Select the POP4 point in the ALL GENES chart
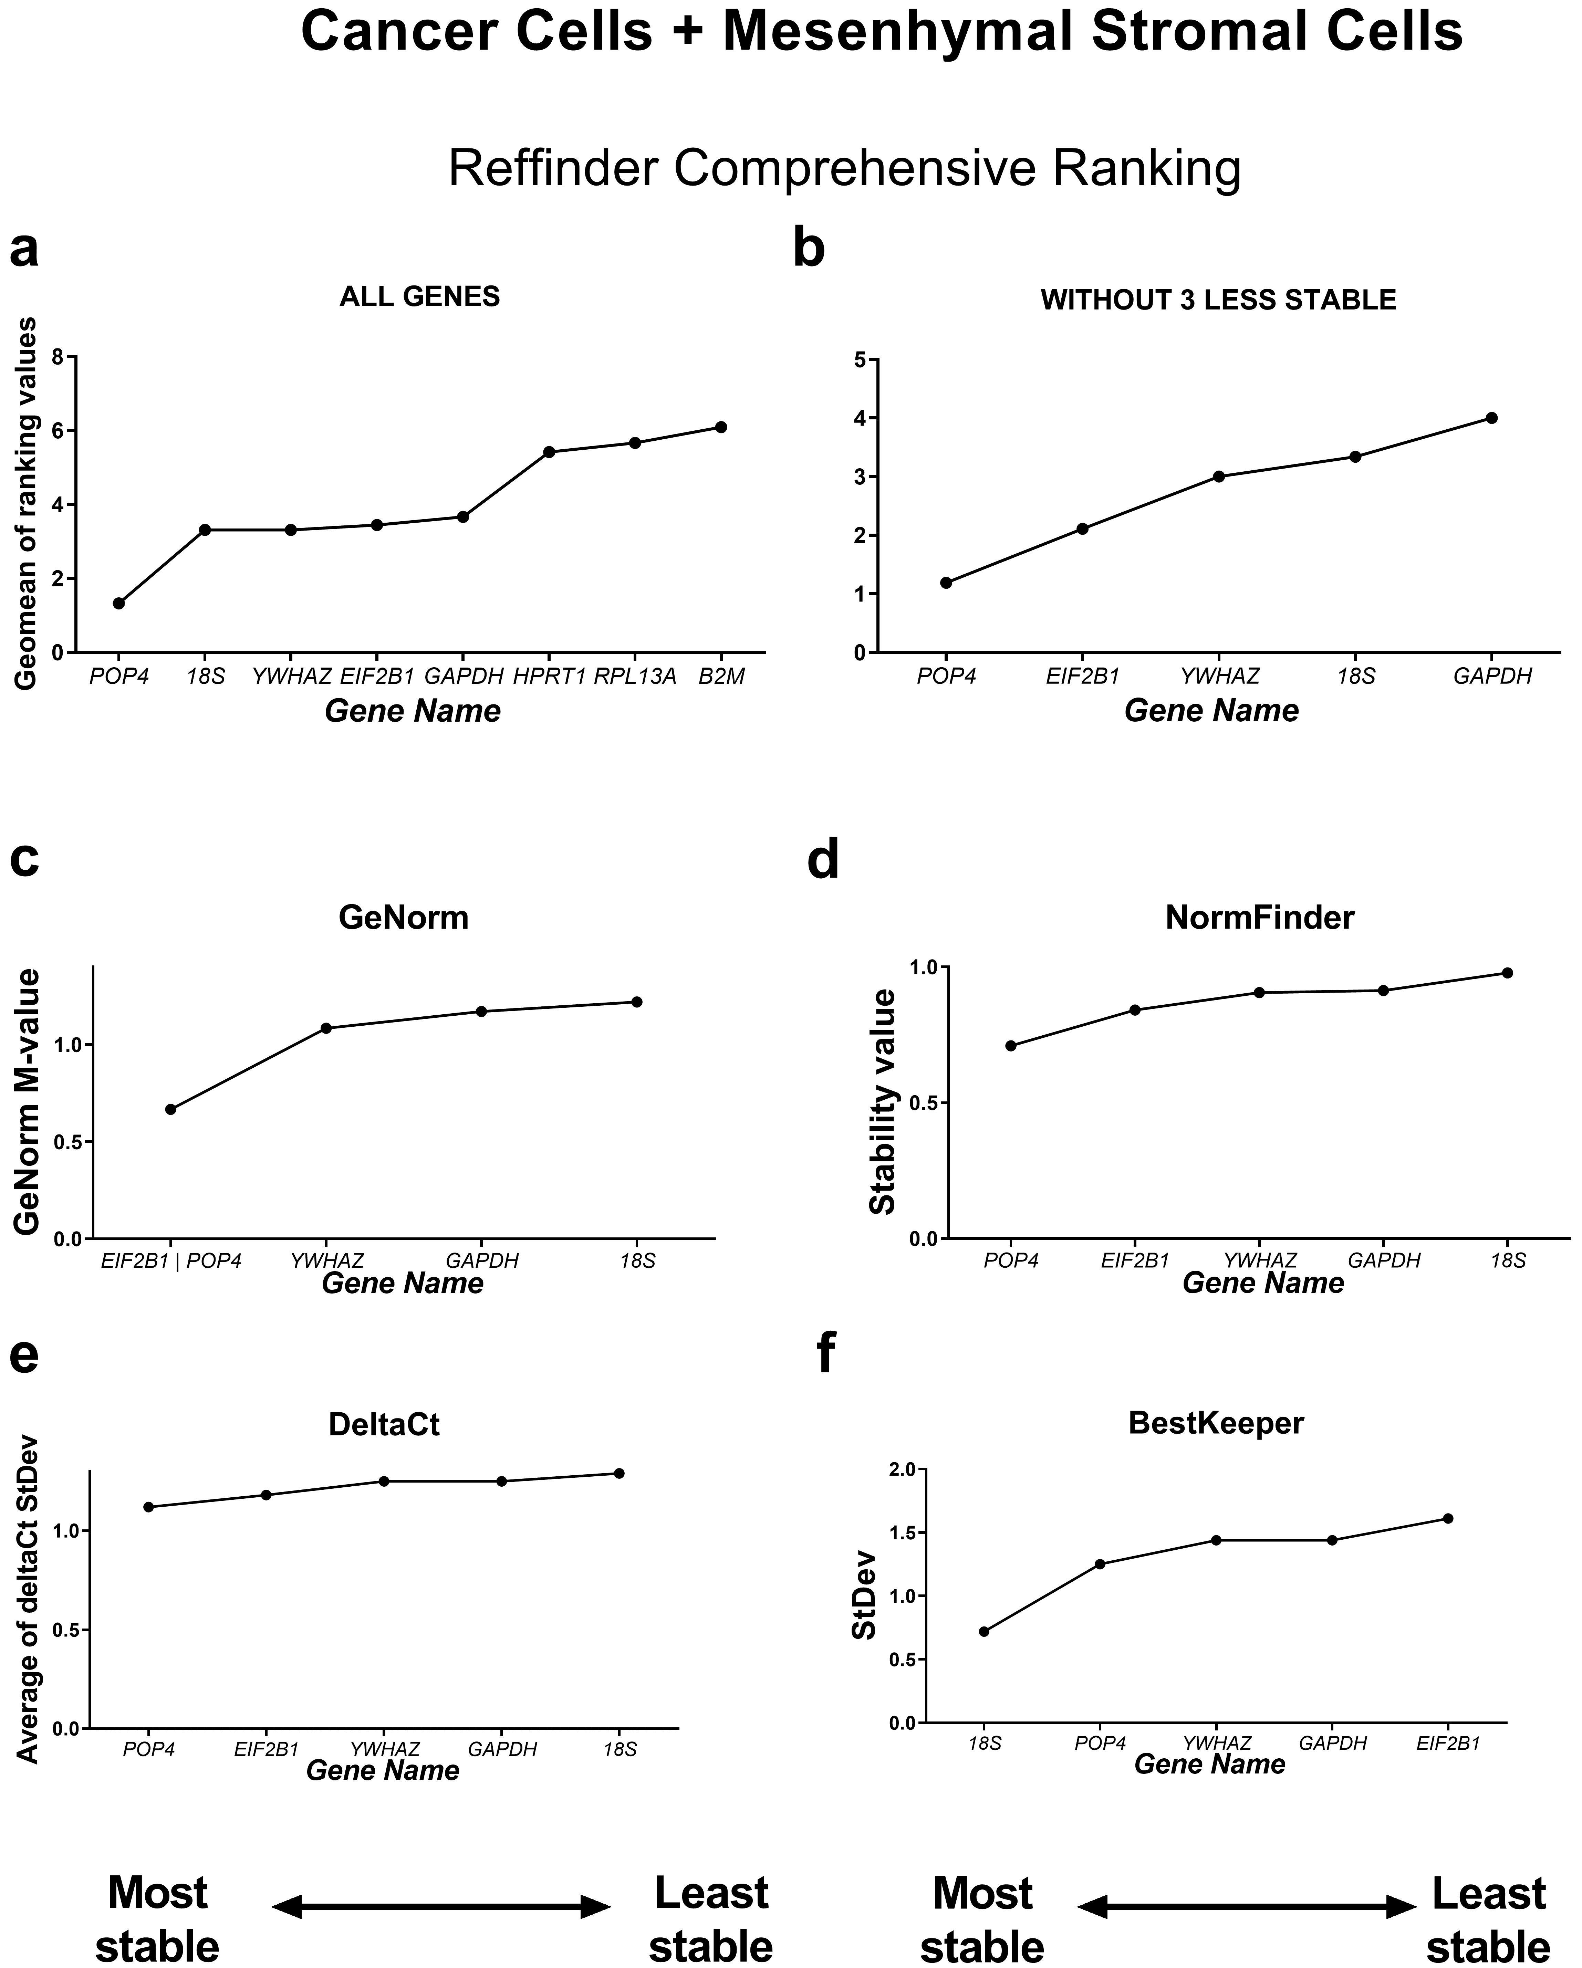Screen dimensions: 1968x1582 coord(119,603)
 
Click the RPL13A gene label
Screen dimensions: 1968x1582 coord(635,677)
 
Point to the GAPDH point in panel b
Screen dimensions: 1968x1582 coord(1492,418)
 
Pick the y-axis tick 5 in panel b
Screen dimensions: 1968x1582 coord(859,360)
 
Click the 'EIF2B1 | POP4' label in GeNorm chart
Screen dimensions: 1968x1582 coord(171,1260)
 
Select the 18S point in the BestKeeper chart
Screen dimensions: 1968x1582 coord(984,1631)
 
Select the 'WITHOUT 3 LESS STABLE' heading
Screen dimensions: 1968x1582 coord(1218,300)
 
